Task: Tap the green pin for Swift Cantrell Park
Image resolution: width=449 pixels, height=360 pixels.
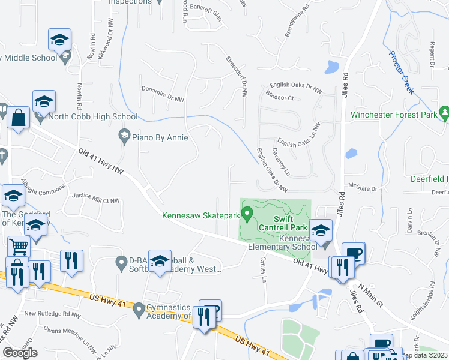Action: pos(247,214)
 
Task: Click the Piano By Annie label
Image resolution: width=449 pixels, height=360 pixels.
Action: pos(160,137)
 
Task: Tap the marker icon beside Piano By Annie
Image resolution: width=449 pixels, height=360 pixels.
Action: pos(125,136)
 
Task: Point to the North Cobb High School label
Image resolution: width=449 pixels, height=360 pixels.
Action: pos(92,116)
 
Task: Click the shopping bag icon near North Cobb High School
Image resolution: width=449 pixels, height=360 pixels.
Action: pos(19,119)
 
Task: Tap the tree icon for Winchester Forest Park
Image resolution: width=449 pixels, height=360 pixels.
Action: pos(444,112)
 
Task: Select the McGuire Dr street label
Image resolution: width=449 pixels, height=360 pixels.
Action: pos(365,188)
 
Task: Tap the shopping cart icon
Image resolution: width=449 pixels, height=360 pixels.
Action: pos(19,246)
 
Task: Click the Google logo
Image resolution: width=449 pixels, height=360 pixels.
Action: pos(20,353)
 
